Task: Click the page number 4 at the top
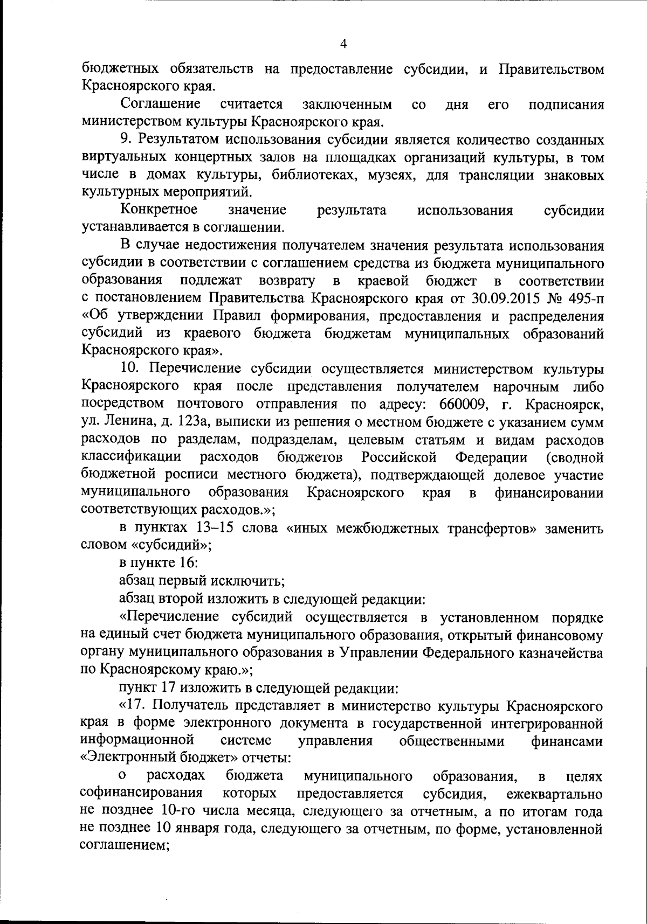343,44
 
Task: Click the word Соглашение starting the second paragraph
161,103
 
